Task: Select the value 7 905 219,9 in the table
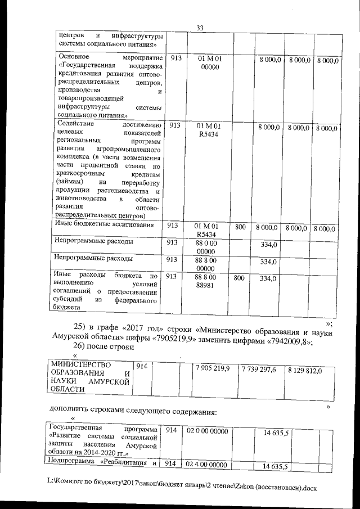coord(211,369)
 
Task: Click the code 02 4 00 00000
coord(207,465)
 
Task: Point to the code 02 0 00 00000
coord(207,430)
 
